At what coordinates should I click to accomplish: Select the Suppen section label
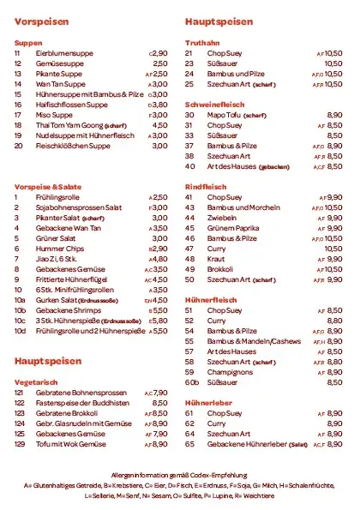[x=28, y=42]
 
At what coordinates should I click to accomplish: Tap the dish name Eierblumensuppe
[x=65, y=53]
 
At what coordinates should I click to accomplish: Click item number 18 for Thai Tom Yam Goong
[x=18, y=124]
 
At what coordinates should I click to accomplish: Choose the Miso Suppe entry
[x=55, y=114]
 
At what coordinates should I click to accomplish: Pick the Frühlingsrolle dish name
[x=57, y=197]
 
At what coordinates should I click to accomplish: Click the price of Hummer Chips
[x=159, y=248]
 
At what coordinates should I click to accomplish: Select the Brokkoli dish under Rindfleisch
[x=220, y=268]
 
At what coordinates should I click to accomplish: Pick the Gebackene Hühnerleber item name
[x=248, y=444]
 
